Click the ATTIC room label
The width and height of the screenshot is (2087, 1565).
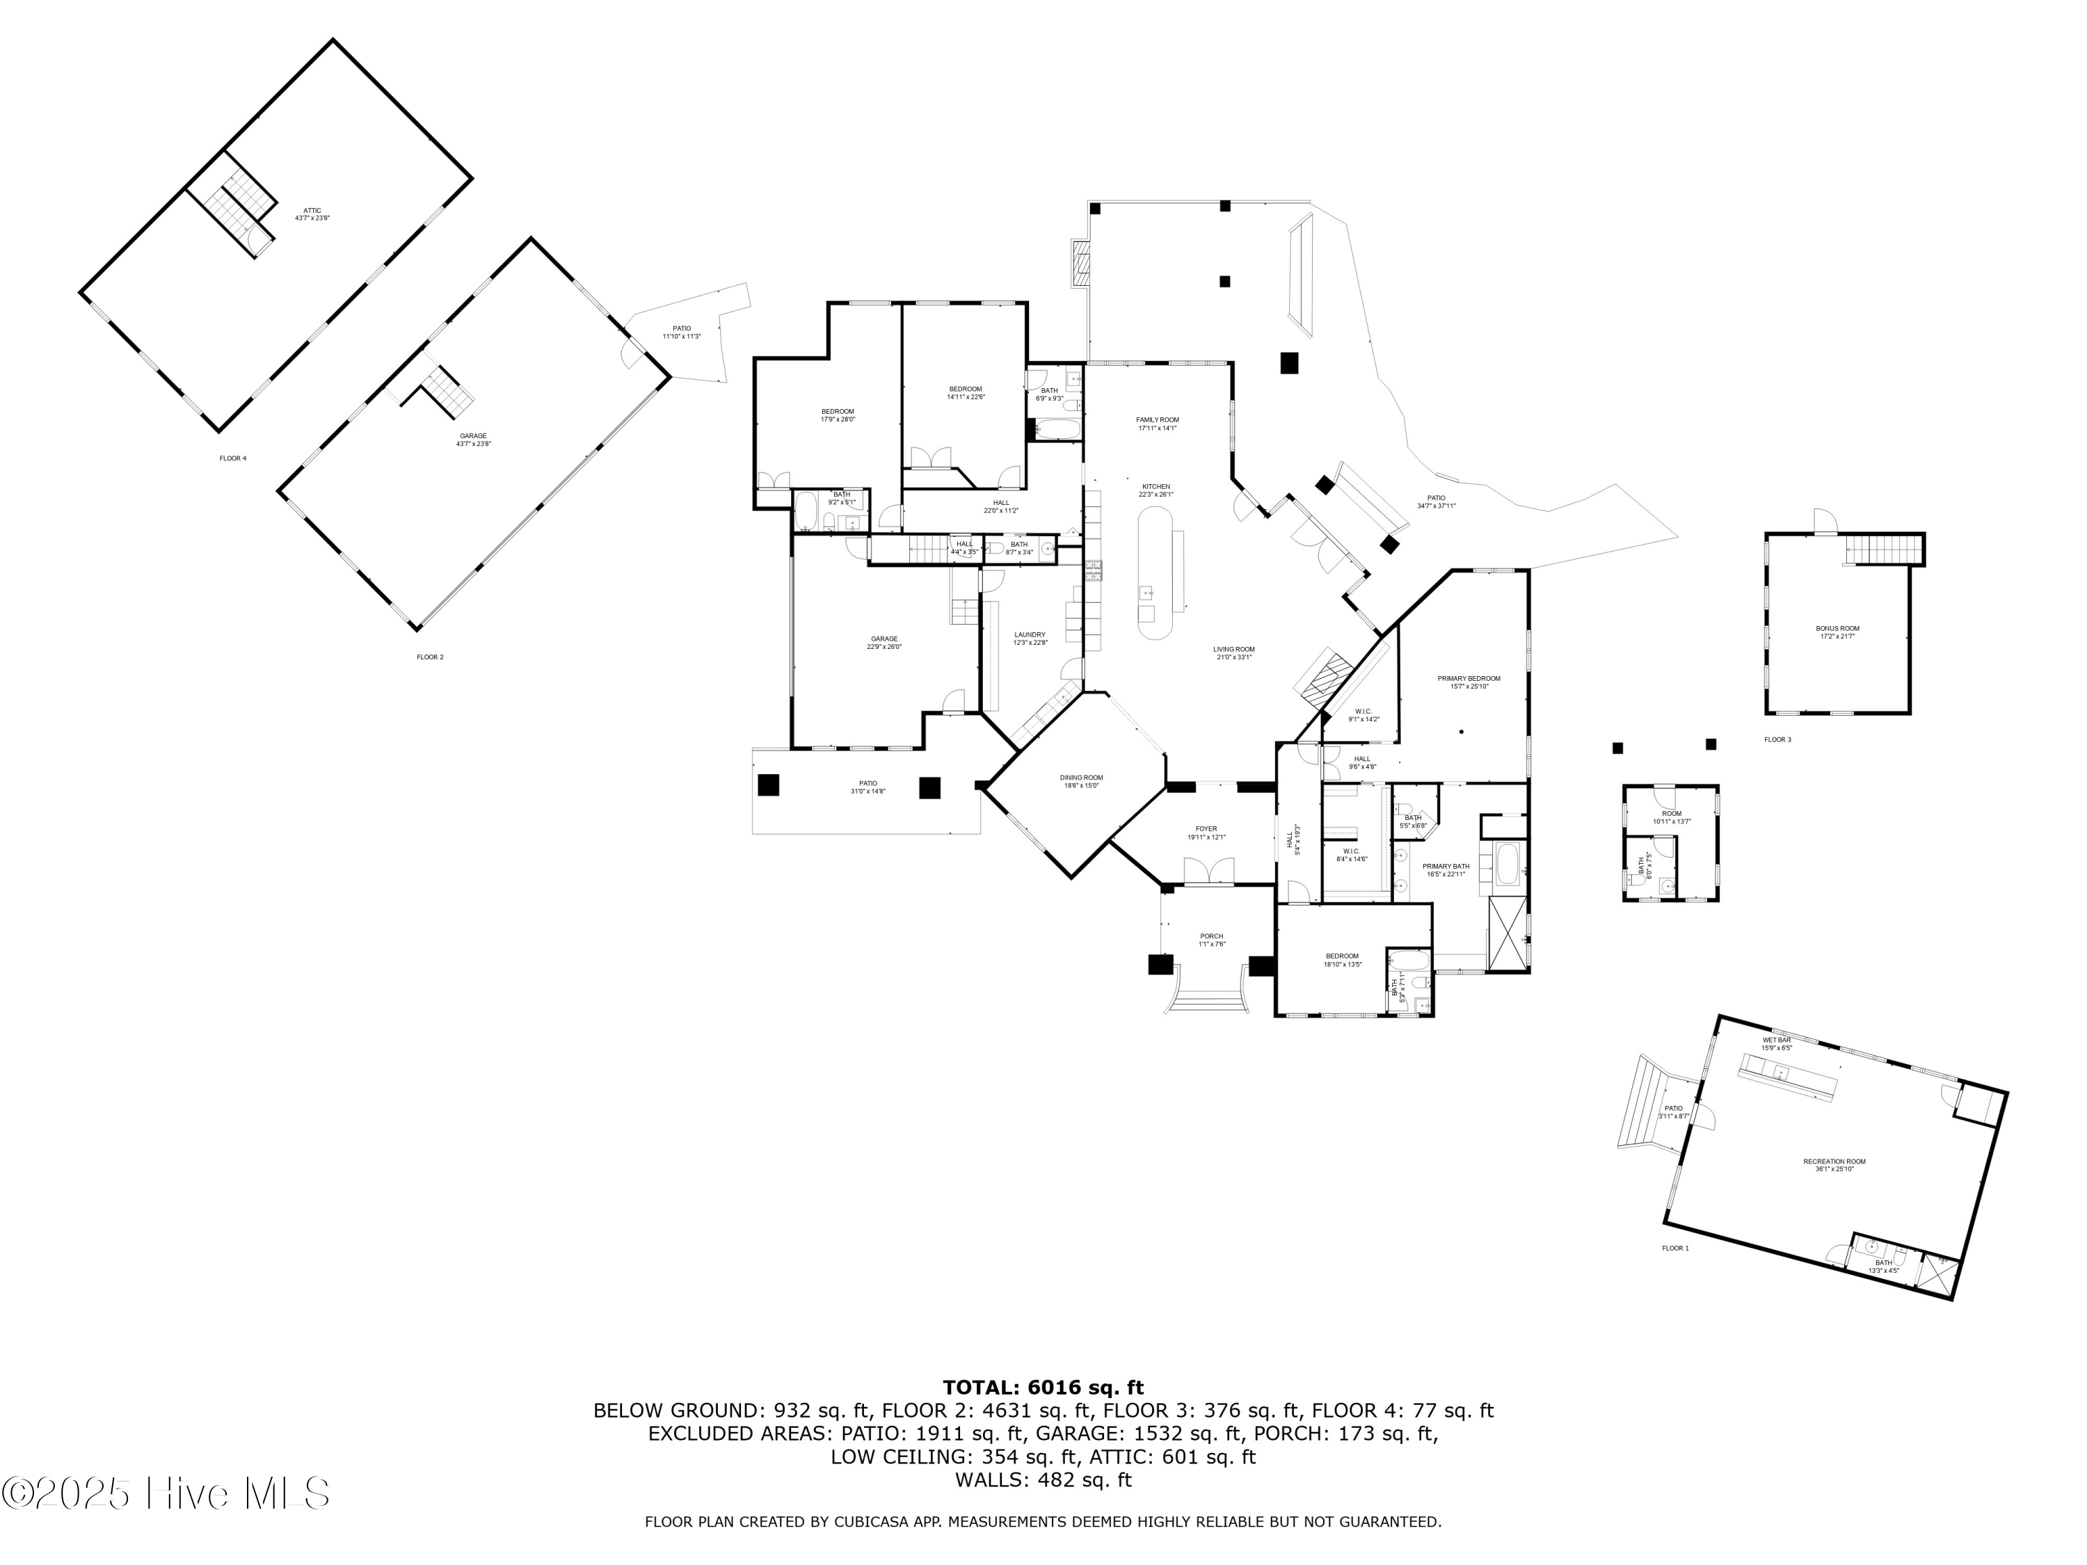[312, 214]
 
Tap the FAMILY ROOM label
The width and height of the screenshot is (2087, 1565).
[1157, 424]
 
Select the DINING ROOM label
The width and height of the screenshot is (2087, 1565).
[1081, 781]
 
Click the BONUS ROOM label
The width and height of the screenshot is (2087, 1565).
[1838, 632]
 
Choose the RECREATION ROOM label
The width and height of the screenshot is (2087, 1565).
[1834, 1165]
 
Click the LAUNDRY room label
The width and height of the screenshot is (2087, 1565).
[1030, 639]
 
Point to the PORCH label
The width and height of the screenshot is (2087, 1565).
[1211, 940]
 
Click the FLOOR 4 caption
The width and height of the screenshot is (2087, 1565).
[233, 458]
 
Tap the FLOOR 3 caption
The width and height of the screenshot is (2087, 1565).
[1777, 739]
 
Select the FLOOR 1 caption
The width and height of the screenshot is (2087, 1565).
[1676, 1248]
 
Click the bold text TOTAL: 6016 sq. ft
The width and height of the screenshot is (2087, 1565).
[1043, 1388]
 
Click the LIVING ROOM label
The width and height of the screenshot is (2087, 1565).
[1233, 653]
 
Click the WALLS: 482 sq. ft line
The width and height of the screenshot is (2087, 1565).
[1043, 1480]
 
